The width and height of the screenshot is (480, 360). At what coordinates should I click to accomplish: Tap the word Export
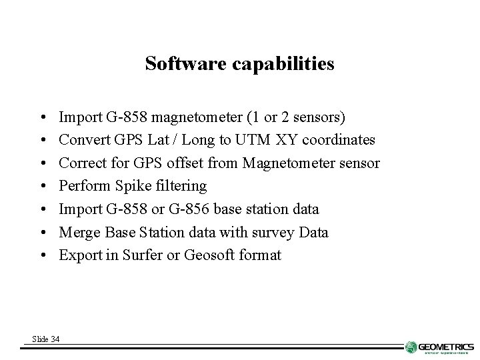coord(78,255)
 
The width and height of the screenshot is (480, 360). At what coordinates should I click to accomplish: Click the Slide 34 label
coord(45,340)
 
